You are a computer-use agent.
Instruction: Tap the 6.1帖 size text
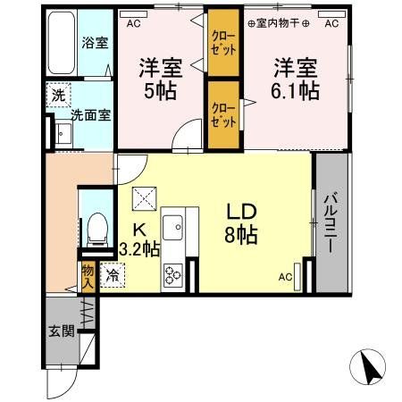[295, 90]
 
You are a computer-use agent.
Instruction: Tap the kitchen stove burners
[172, 273]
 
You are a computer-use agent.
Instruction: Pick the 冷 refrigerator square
[113, 278]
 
